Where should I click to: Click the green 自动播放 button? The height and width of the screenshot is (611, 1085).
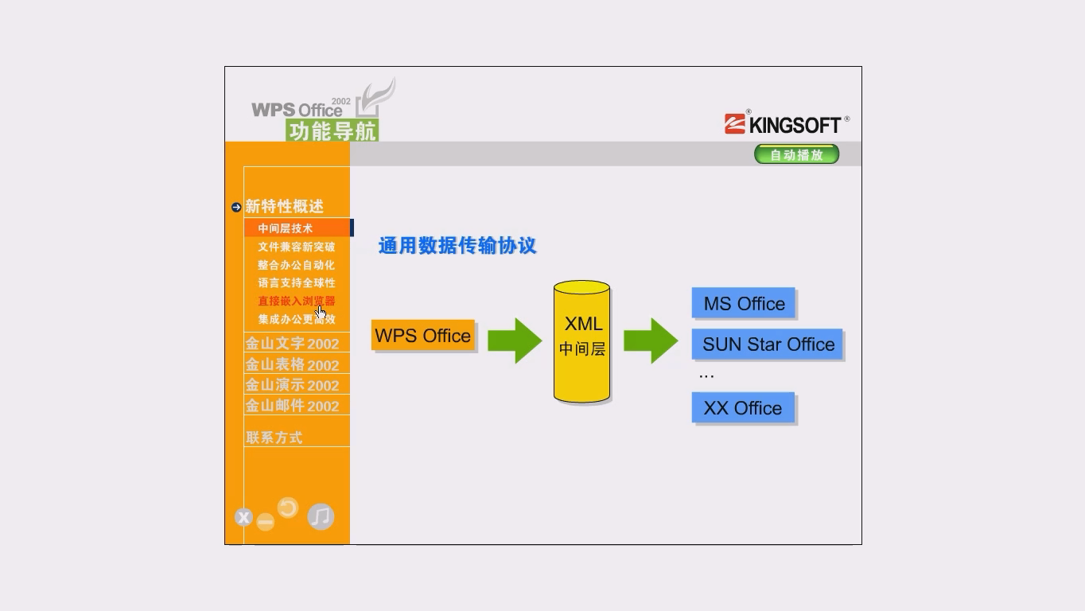click(796, 154)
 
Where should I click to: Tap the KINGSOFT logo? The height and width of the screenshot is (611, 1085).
click(786, 124)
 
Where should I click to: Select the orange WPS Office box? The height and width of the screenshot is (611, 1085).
click(422, 336)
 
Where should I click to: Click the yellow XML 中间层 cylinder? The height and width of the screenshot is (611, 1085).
click(582, 341)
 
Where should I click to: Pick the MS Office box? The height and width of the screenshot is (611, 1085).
click(744, 304)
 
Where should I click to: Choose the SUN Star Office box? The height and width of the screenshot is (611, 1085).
click(768, 344)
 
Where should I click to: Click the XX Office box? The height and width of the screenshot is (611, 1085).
click(743, 408)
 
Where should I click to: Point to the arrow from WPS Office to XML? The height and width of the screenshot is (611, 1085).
click(515, 341)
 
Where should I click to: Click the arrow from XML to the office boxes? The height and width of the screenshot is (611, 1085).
click(651, 341)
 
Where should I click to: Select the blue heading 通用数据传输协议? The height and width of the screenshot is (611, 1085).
click(457, 246)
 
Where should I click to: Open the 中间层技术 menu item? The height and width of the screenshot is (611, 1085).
click(286, 228)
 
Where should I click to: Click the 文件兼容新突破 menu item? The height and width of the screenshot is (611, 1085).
click(296, 247)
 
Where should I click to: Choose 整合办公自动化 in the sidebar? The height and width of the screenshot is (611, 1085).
click(296, 265)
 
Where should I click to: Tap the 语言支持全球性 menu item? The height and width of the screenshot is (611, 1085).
click(296, 282)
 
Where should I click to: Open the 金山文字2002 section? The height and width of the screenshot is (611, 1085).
click(292, 344)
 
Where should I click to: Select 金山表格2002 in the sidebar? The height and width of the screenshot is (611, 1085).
click(292, 364)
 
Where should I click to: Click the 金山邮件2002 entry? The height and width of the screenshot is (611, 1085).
click(292, 406)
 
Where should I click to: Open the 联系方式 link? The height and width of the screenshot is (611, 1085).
click(274, 438)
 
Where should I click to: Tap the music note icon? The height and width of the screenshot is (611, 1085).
click(321, 517)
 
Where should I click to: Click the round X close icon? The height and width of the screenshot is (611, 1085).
click(243, 518)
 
